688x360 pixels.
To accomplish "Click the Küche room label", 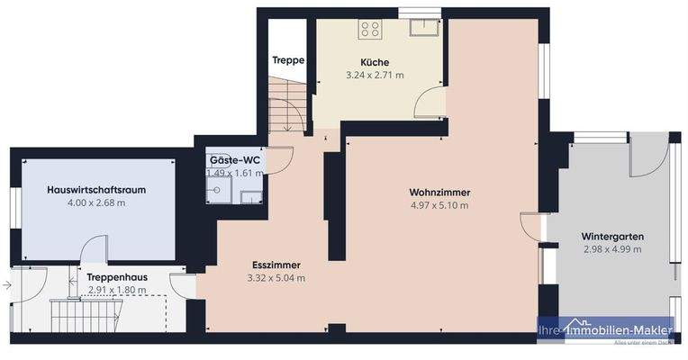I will point(375,62).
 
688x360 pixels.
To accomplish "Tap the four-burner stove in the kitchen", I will point(370,29).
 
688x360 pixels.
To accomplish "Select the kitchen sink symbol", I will point(421,28).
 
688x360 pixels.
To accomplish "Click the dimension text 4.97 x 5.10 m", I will point(439,205).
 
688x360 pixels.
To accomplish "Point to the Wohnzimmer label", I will point(439,193).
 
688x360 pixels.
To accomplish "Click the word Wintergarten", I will point(611,237).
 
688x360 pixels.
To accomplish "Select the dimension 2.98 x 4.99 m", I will point(611,249).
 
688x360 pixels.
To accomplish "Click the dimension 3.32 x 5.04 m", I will point(276,277).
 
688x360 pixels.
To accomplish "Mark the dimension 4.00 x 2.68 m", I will point(95,202).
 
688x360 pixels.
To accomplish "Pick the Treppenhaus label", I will point(117,277).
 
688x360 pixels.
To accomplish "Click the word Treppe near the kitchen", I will point(288,61).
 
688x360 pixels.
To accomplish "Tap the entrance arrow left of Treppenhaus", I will point(7,286).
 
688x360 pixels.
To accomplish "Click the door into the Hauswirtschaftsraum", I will point(95,251).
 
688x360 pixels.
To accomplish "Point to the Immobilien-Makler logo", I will point(605,331).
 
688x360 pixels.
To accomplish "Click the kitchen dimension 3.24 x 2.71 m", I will point(375,75).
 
